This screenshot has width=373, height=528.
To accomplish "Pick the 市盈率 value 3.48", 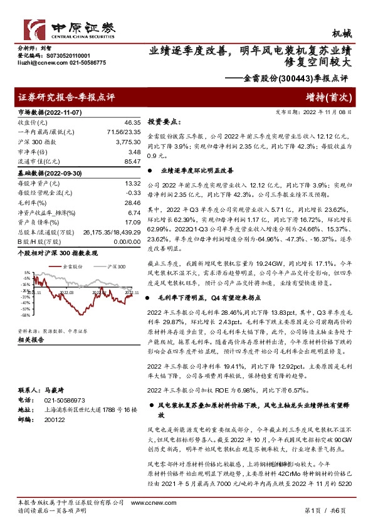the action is point(133,152).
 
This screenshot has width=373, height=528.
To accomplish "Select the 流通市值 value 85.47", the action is point(131,161).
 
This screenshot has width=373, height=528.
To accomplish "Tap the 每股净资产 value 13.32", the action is point(131,184).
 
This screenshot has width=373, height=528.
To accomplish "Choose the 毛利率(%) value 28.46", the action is point(131,203).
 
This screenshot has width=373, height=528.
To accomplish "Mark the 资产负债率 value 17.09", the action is point(131,223).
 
